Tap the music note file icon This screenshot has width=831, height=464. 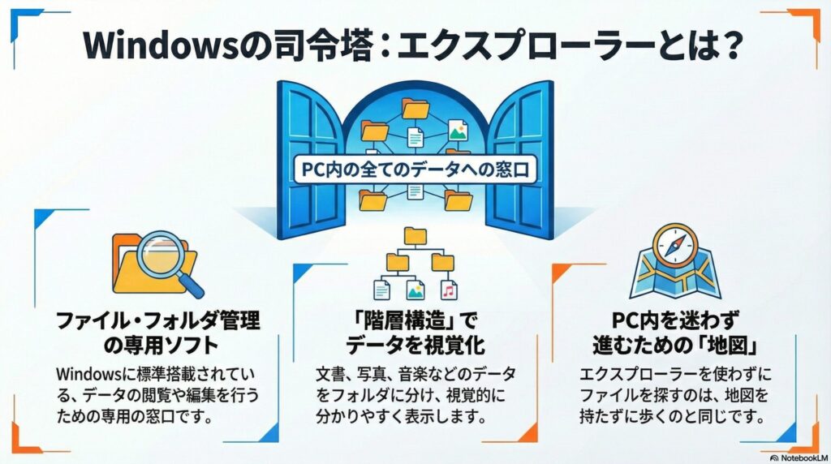[x=446, y=288]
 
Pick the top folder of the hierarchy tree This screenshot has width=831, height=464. [x=415, y=235]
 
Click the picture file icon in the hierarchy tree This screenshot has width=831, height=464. [x=415, y=288]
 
